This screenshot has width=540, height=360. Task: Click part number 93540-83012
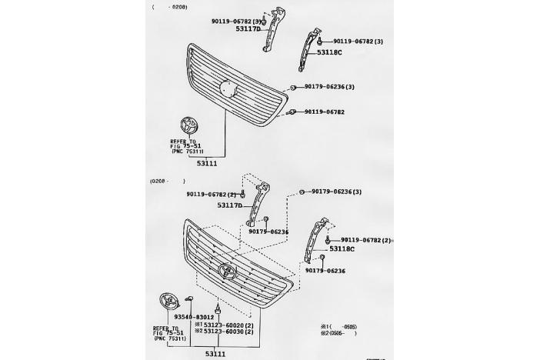point(172,317)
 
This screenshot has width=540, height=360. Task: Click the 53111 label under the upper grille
point(206,163)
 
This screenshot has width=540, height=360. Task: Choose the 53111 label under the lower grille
point(215,353)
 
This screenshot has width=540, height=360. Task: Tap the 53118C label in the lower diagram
point(342,249)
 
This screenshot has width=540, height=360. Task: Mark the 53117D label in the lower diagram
point(229,205)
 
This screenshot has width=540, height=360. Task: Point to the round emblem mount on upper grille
point(228,88)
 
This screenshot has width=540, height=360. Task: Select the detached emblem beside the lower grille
point(167,302)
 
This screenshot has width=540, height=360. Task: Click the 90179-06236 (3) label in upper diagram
point(329,87)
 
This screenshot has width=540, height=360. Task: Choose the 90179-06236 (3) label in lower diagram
point(336,191)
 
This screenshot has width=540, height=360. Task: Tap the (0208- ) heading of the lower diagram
point(168,182)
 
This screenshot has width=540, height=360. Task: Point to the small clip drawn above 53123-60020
point(218,310)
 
